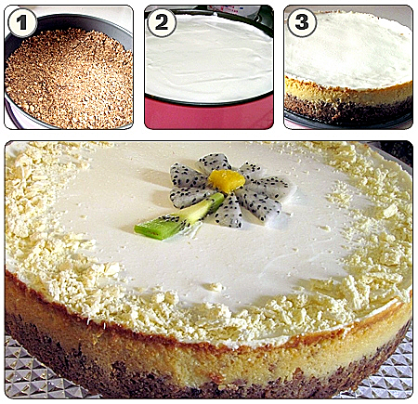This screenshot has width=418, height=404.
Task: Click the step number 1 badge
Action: (x=22, y=22)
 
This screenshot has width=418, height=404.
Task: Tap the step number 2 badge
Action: (x=162, y=22)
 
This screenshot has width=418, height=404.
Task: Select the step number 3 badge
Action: (x=302, y=22)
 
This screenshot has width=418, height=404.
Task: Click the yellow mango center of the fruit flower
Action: (x=227, y=180)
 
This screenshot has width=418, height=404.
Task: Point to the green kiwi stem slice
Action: (x=179, y=216)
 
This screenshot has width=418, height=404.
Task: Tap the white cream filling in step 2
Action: (x=208, y=59)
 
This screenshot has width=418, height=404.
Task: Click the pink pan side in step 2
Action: (x=209, y=116)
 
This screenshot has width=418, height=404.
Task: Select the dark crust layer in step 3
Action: (x=346, y=110)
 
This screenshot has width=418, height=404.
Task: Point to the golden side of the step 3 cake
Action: (x=348, y=92)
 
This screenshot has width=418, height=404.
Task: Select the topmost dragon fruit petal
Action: (x=214, y=163)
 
